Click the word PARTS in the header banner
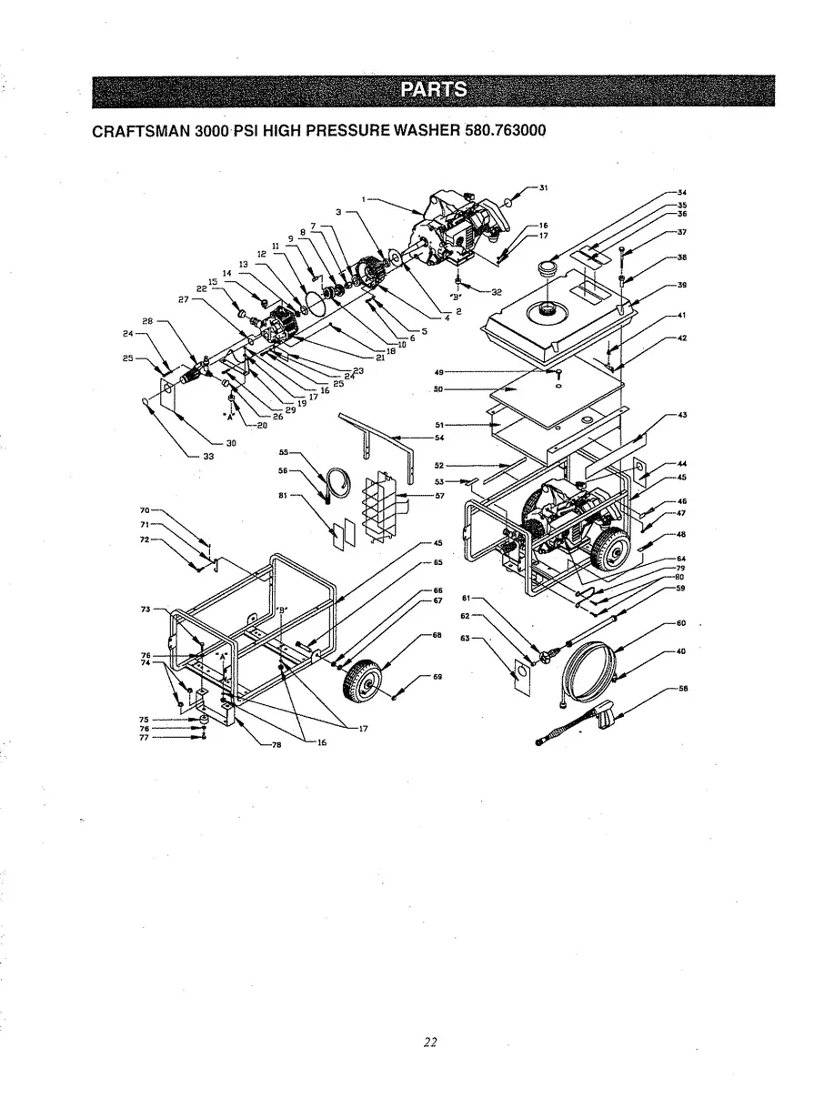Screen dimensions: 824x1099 (435, 90)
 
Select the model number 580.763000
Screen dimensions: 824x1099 (504, 130)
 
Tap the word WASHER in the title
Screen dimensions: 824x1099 (427, 130)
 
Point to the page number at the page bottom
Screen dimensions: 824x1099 (431, 1043)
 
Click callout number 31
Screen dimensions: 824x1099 (543, 188)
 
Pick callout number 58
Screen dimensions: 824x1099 (681, 689)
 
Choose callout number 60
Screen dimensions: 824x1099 (681, 623)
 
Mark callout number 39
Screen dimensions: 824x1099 (681, 285)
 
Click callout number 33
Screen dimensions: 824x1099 (208, 456)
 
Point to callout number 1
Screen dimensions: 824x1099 (363, 198)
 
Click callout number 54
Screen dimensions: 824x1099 (439, 438)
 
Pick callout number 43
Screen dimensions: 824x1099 (681, 416)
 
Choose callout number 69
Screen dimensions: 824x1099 (437, 677)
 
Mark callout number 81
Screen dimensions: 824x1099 (282, 496)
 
